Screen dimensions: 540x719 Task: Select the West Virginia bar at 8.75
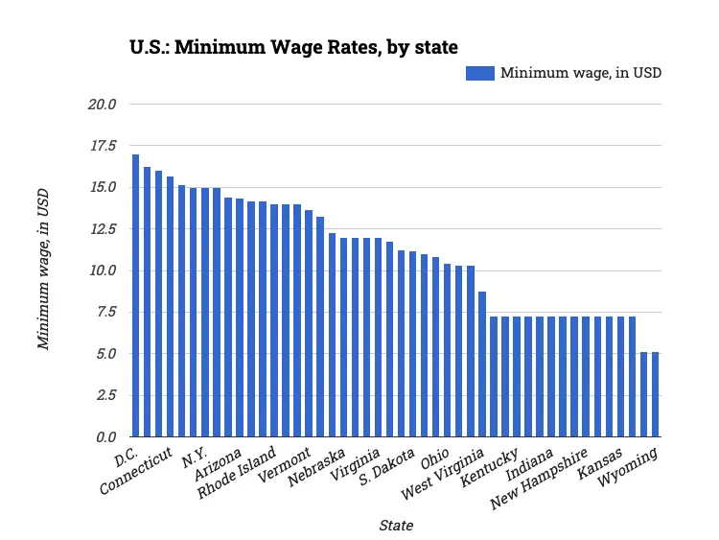482,364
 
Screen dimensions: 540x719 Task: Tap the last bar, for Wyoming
656,394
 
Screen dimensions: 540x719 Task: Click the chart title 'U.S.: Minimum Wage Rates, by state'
294,46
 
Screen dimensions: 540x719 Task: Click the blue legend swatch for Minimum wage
479,73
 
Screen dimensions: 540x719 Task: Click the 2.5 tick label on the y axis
104,395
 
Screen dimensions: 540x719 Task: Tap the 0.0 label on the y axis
104,437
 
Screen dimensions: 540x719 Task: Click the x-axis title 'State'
396,525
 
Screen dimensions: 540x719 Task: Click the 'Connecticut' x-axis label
137,470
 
